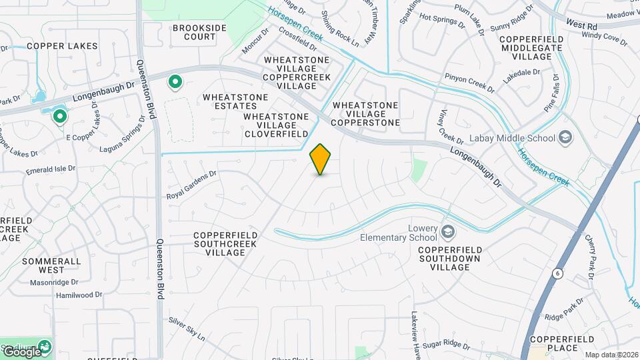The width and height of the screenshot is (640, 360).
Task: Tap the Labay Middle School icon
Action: pyautogui.click(x=566, y=138)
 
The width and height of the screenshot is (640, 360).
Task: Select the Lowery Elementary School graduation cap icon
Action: pyautogui.click(x=448, y=232)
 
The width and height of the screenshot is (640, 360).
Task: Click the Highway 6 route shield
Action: pyautogui.click(x=557, y=273)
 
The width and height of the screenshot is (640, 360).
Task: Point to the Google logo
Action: pyautogui.click(x=21, y=351)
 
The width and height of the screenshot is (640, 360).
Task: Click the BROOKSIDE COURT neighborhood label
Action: pyautogui.click(x=199, y=32)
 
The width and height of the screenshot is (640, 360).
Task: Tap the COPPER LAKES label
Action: pyautogui.click(x=62, y=46)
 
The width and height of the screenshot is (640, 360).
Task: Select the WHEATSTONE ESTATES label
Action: pyautogui.click(x=235, y=101)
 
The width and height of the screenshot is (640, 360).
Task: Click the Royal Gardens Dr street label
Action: pyautogui.click(x=192, y=185)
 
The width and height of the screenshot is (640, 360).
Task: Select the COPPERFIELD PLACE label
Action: pyautogui.click(x=553, y=343)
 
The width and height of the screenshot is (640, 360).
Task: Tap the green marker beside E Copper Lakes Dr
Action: pyautogui.click(x=59, y=117)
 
